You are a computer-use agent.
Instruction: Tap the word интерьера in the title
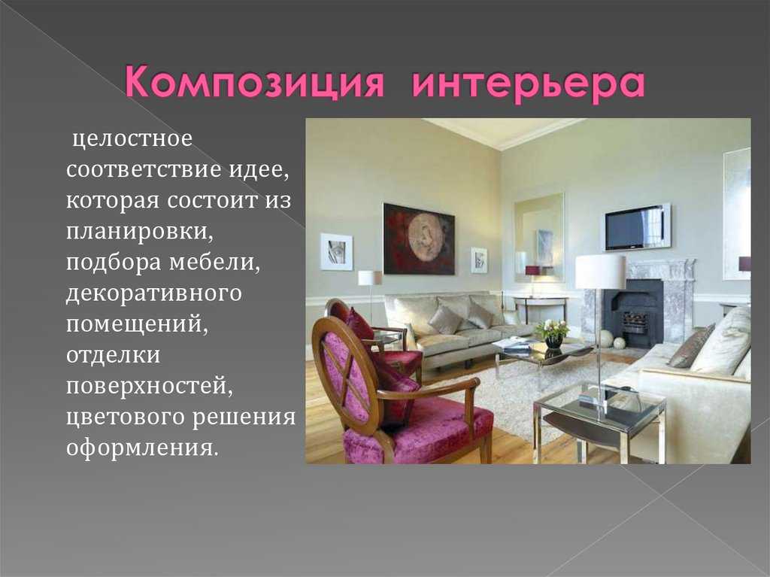click(528, 84)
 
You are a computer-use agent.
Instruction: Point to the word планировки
click(140, 232)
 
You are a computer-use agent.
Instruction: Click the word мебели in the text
click(214, 262)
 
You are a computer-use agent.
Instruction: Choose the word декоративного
click(154, 294)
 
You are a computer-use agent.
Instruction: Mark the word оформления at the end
click(142, 448)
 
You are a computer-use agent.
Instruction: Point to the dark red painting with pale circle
click(419, 238)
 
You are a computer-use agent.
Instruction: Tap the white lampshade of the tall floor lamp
click(600, 272)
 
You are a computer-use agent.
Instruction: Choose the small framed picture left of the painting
click(336, 252)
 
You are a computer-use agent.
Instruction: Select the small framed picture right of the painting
click(479, 260)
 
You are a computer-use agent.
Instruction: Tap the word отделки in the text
click(114, 355)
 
